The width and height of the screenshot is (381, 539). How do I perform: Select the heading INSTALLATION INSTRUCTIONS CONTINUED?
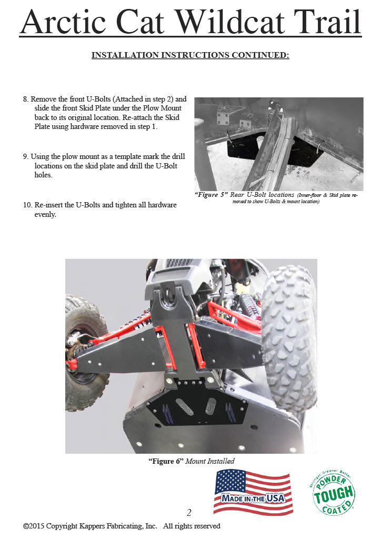[190, 55]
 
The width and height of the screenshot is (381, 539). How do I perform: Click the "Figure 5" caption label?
[210, 195]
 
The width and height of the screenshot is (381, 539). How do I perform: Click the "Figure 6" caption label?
[166, 461]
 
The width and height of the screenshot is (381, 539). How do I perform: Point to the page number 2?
[189, 513]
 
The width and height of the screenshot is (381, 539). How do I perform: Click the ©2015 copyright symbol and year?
[34, 526]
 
